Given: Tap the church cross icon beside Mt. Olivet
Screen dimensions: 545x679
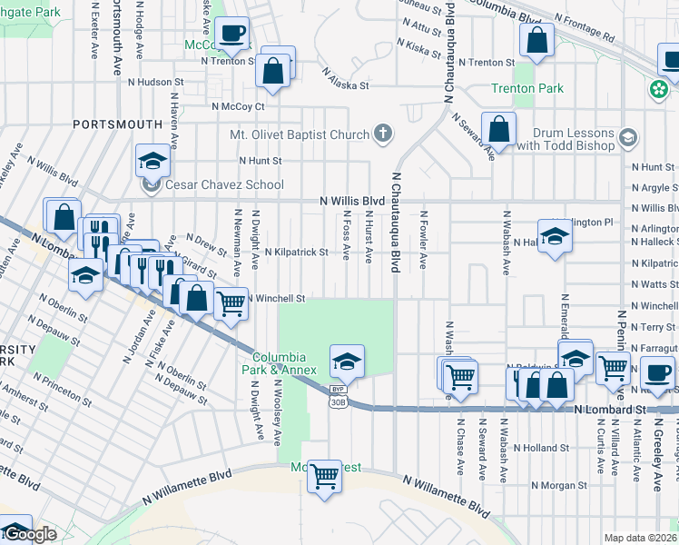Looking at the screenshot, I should [383, 134].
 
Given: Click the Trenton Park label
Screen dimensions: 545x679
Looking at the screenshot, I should [527, 88].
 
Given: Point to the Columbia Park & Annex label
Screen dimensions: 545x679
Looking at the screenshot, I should [284, 363].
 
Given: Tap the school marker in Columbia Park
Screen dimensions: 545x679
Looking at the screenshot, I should [347, 362].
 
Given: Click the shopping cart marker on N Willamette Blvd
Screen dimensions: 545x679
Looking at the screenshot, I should [324, 474].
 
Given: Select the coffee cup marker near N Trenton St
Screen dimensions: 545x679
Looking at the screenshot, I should [233, 34].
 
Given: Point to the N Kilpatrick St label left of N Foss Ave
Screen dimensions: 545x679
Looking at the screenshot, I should [296, 252].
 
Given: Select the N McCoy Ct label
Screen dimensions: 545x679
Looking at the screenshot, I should [237, 106].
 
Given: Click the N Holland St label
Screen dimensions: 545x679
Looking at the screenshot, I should [541, 447].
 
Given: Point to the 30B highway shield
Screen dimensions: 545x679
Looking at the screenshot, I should [338, 401].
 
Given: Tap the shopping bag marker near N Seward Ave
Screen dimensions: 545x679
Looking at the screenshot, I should [498, 130].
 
